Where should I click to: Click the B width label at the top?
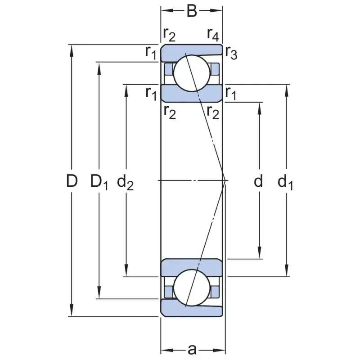[192, 11]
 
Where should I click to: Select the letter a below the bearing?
[192, 350]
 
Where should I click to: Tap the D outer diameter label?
[72, 181]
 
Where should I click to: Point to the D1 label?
[99, 182]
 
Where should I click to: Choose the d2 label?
[126, 182]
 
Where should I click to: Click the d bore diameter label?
[258, 181]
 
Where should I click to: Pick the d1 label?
[285, 182]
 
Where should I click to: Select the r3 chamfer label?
[231, 53]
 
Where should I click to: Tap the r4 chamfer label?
[213, 33]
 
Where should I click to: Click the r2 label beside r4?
[170, 33]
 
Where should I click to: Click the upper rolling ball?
[192, 73]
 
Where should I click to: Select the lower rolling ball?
[192, 288]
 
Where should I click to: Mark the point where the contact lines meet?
[225, 180]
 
